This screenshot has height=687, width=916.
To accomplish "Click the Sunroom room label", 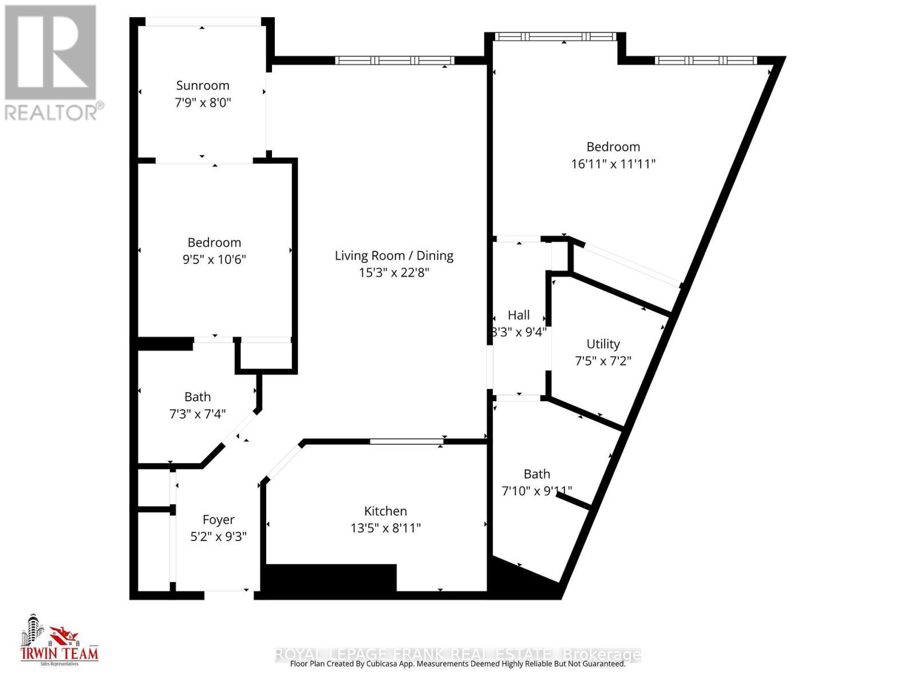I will [203, 85].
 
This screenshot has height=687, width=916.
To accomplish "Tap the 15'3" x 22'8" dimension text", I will [394, 273].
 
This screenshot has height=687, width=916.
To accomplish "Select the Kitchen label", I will [385, 511].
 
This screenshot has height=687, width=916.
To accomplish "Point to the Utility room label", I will [603, 343].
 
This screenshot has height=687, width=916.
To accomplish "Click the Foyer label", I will [218, 519].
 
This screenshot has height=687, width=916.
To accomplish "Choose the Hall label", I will [519, 315].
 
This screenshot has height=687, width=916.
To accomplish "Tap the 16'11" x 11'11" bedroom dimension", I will [613, 164].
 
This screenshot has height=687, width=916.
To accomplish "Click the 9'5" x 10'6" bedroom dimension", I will [214, 259].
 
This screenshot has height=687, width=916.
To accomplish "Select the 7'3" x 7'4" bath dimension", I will [198, 413].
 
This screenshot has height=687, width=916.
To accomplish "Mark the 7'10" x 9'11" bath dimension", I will [536, 491].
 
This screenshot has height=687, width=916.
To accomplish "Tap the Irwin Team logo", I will [59, 640].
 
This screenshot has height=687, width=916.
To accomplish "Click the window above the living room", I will [394, 60].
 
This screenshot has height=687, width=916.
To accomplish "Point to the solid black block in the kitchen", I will [331, 577].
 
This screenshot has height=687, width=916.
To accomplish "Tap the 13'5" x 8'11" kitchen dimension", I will [385, 528].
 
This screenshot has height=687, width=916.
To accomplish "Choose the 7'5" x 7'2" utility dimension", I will [603, 361].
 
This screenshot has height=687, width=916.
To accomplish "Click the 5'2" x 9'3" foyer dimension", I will [218, 536].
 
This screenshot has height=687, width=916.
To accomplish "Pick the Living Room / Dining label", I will [394, 255].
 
